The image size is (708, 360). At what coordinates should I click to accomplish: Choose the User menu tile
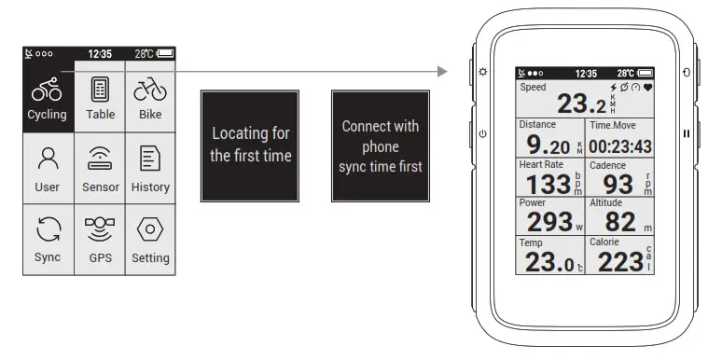tap(48, 169)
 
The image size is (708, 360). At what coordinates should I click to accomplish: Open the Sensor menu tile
tap(100, 169)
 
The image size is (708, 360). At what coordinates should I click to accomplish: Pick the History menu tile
tap(150, 169)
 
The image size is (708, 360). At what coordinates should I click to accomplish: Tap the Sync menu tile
tap(48, 240)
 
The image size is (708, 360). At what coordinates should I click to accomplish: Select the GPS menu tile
tap(100, 240)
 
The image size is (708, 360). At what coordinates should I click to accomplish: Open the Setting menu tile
tap(150, 240)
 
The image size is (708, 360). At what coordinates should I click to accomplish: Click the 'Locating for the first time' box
tap(250, 145)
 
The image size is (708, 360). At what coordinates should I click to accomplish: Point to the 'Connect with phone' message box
tap(381, 145)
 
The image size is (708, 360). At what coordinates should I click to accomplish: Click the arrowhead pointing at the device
tap(438, 72)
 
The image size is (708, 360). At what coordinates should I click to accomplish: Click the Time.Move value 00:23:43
tap(620, 146)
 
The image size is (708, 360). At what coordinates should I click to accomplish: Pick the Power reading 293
tap(549, 222)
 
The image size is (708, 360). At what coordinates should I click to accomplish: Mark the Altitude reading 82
tap(618, 222)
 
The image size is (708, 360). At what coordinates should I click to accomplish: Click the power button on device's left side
tap(482, 133)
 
